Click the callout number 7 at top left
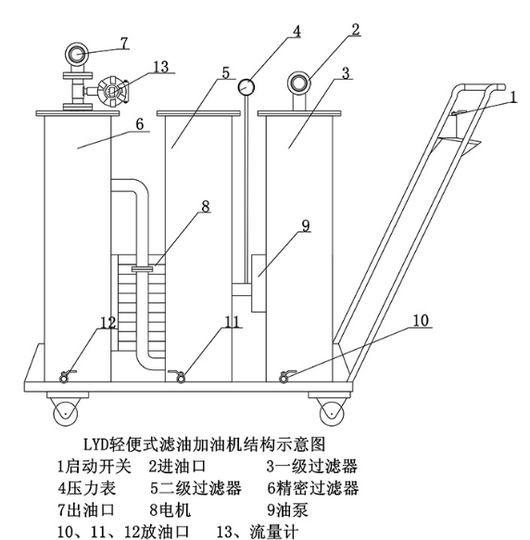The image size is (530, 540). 124,42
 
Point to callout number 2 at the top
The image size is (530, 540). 355,29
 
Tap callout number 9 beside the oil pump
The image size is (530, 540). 306,225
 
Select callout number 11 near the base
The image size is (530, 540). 232,323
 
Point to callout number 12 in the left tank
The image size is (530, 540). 108,323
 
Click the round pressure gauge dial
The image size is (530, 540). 246,87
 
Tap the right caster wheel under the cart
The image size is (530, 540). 329,408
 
